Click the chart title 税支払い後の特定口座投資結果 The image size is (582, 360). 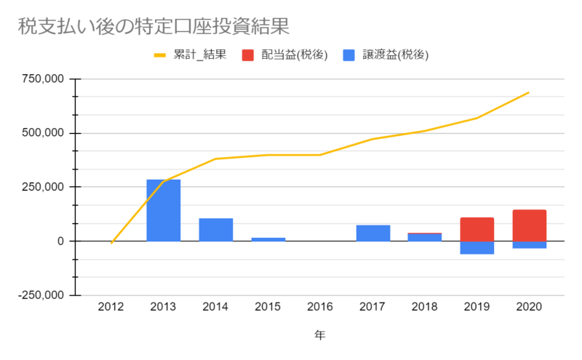point(154,26)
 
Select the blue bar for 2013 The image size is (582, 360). point(163,210)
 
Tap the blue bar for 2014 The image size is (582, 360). point(215,230)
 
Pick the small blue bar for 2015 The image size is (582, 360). point(268,239)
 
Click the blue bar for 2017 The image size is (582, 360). point(373,233)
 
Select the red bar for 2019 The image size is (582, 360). point(477,229)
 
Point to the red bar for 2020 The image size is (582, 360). point(530,225)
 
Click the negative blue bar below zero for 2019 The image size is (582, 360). point(477,247)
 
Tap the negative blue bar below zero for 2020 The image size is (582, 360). point(530,244)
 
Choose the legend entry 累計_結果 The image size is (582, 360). point(190,55)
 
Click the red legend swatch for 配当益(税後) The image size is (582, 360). point(247,55)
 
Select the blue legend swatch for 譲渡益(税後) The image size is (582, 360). point(349,55)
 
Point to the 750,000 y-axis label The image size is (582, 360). point(43,79)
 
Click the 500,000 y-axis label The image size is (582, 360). point(43,133)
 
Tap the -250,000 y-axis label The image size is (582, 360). point(41,295)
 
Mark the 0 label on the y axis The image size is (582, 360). point(60,241)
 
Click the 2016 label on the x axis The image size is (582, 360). point(320,307)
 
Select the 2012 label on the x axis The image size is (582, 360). point(111,307)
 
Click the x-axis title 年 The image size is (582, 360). point(320,335)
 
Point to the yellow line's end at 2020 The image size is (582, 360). point(529,92)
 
